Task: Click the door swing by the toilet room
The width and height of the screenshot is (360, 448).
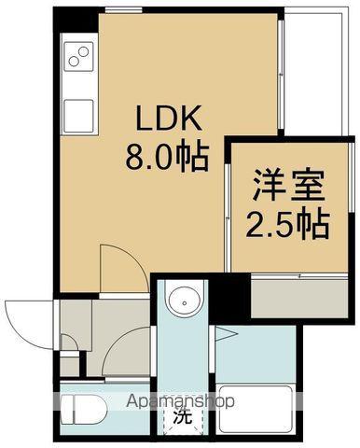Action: point(122,350)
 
